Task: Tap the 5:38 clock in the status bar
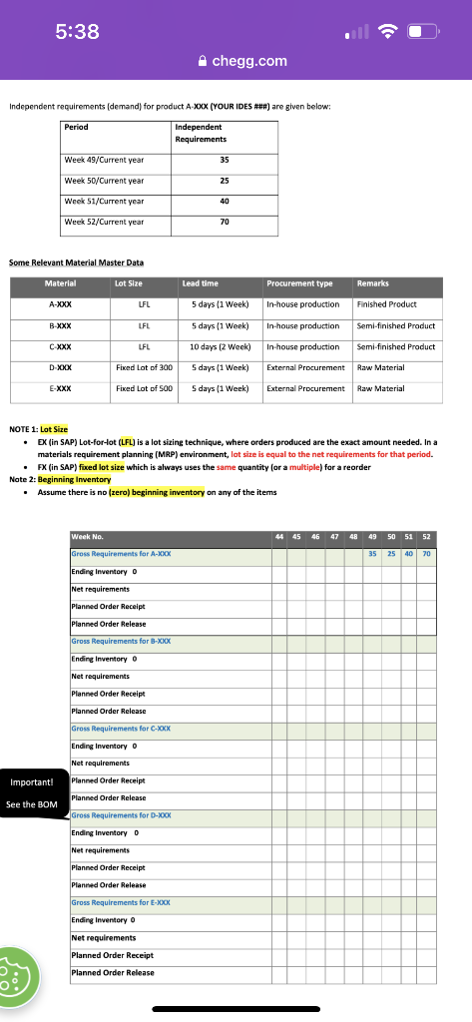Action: (x=77, y=32)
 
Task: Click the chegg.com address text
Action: (x=249, y=61)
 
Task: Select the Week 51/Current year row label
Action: (x=104, y=201)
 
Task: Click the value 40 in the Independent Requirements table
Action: (x=224, y=201)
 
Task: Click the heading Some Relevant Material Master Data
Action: (x=76, y=262)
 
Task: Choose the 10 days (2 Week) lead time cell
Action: (x=220, y=346)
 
